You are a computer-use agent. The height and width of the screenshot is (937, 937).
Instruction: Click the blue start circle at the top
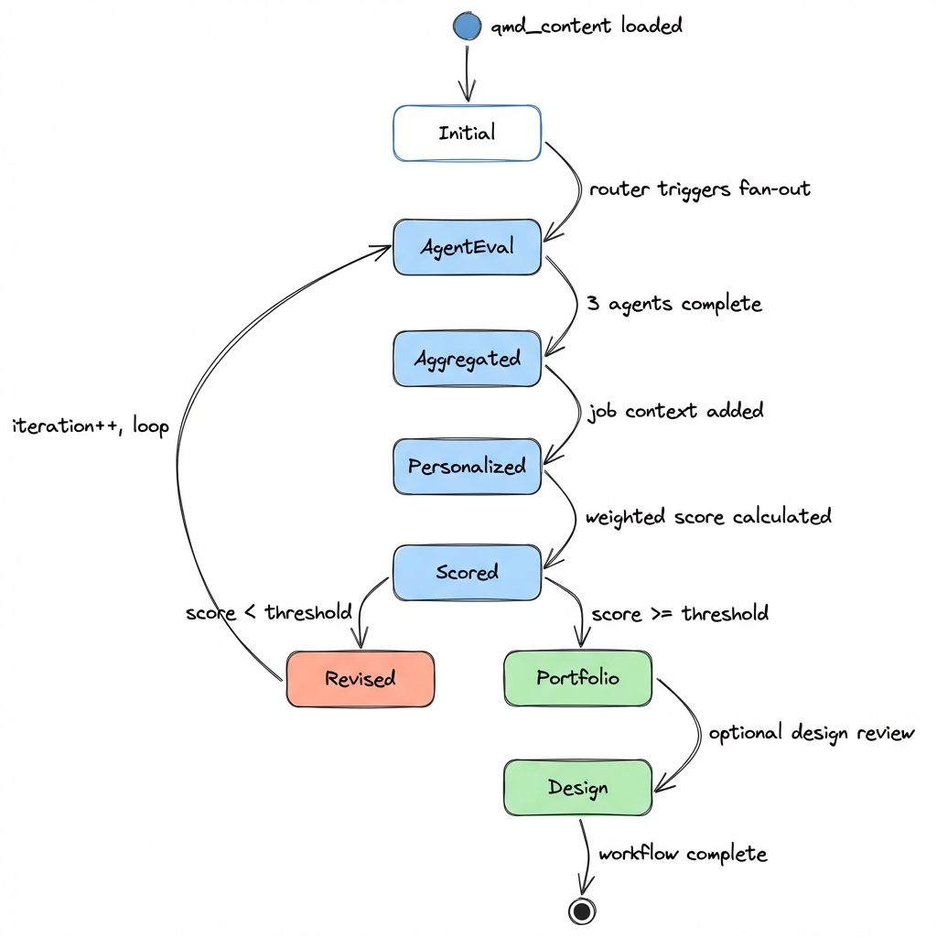pyautogui.click(x=467, y=27)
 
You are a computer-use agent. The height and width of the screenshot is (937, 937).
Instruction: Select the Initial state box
pyautogui.click(x=467, y=134)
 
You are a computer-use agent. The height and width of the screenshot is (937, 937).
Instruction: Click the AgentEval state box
pyautogui.click(x=467, y=247)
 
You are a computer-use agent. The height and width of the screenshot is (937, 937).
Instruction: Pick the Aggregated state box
pyautogui.click(x=467, y=359)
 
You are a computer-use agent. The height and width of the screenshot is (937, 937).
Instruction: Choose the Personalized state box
pyautogui.click(x=467, y=467)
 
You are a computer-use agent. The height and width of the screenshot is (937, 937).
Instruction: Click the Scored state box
pyautogui.click(x=467, y=573)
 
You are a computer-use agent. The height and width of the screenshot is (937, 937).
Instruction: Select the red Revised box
pyautogui.click(x=360, y=679)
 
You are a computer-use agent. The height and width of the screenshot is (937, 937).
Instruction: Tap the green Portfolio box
pyautogui.click(x=577, y=678)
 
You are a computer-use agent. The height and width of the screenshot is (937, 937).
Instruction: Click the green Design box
pyautogui.click(x=577, y=787)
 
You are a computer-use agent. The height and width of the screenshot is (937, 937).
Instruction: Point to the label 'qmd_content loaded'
pyautogui.click(x=587, y=26)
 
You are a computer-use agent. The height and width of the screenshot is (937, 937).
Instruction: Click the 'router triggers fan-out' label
pyautogui.click(x=699, y=189)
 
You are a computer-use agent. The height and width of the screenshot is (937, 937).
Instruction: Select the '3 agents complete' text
pyautogui.click(x=673, y=304)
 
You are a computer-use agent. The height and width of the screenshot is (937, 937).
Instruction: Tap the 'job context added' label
pyautogui.click(x=674, y=411)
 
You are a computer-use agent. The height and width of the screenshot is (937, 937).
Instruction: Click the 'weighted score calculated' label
pyautogui.click(x=708, y=517)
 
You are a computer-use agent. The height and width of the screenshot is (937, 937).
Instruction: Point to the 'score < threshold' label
pyautogui.click(x=268, y=612)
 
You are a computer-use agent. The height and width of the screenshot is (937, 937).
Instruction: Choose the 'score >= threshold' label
pyautogui.click(x=680, y=613)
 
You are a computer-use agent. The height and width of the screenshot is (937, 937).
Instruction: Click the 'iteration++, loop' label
pyautogui.click(x=90, y=426)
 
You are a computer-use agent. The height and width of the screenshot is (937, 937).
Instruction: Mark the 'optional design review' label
pyautogui.click(x=811, y=734)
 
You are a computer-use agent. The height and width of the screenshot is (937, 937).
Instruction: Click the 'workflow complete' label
pyautogui.click(x=682, y=854)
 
